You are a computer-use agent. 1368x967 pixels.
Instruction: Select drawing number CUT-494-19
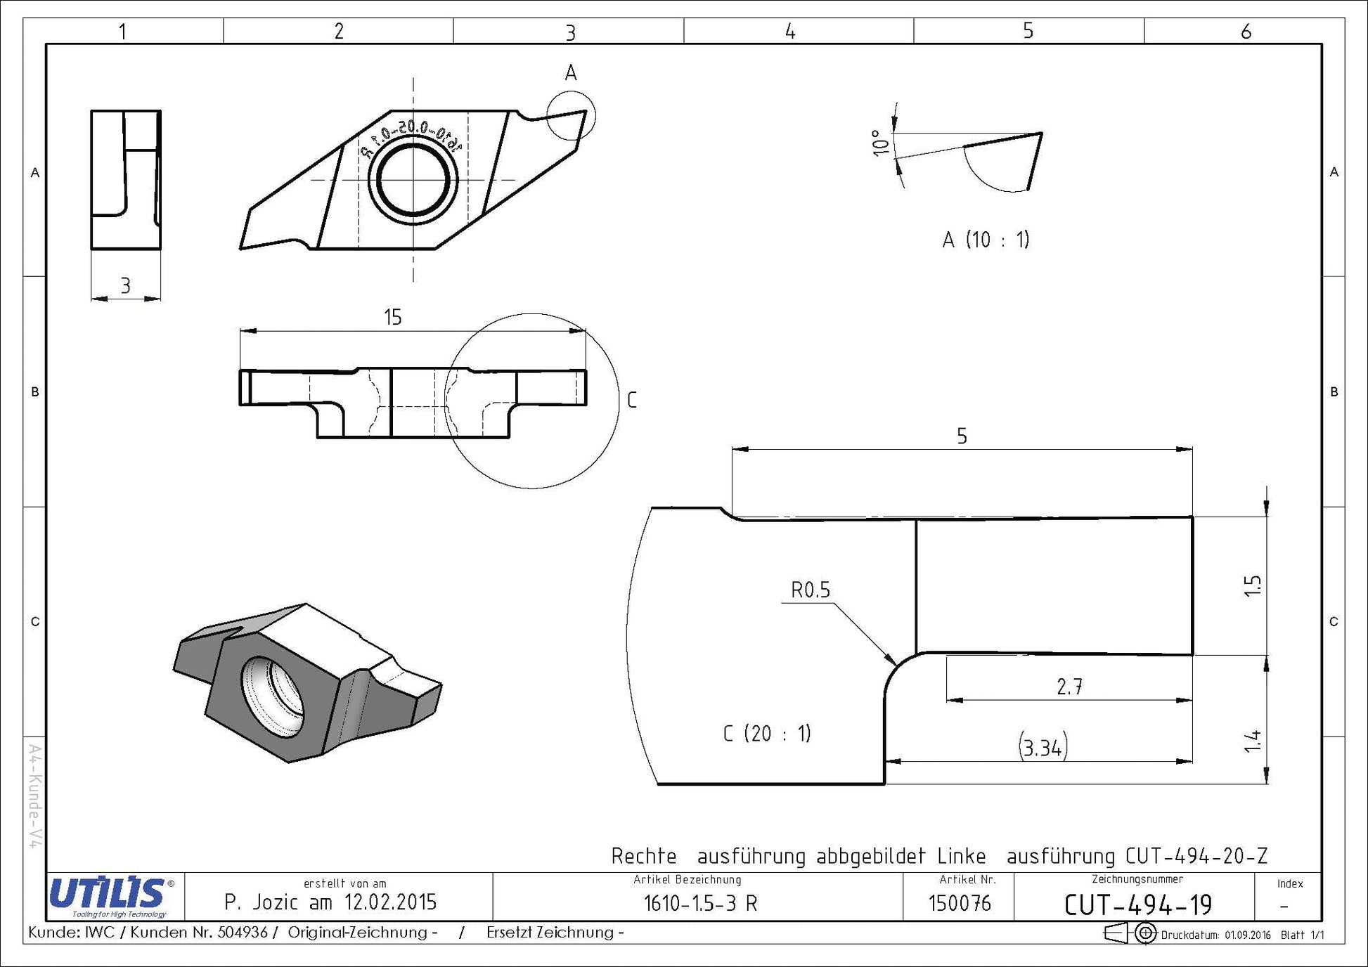pyautogui.click(x=1138, y=904)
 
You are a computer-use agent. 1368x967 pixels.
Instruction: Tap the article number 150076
pyautogui.click(x=960, y=903)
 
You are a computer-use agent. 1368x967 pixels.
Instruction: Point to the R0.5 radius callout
pyautogui.click(x=811, y=590)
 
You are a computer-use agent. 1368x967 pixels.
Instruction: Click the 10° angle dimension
pyautogui.click(x=879, y=143)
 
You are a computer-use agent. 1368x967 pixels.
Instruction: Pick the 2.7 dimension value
pyautogui.click(x=1069, y=687)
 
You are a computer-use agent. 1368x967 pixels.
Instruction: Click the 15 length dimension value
pyautogui.click(x=392, y=317)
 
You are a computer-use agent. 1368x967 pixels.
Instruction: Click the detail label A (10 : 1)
pyautogui.click(x=986, y=240)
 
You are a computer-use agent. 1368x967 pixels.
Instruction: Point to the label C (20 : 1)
pyautogui.click(x=767, y=734)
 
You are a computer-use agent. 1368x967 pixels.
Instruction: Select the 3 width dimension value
pyautogui.click(x=125, y=285)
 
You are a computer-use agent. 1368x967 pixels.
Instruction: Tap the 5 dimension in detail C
pyautogui.click(x=962, y=436)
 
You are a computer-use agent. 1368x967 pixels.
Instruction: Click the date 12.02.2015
pyautogui.click(x=390, y=902)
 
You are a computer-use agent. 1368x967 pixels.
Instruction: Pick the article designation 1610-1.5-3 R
pyautogui.click(x=700, y=904)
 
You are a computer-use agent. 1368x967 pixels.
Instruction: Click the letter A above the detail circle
pyautogui.click(x=571, y=72)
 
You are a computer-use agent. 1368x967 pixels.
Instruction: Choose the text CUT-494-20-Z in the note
pyautogui.click(x=1196, y=856)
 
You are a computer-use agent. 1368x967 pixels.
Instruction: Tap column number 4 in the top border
pyautogui.click(x=790, y=31)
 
